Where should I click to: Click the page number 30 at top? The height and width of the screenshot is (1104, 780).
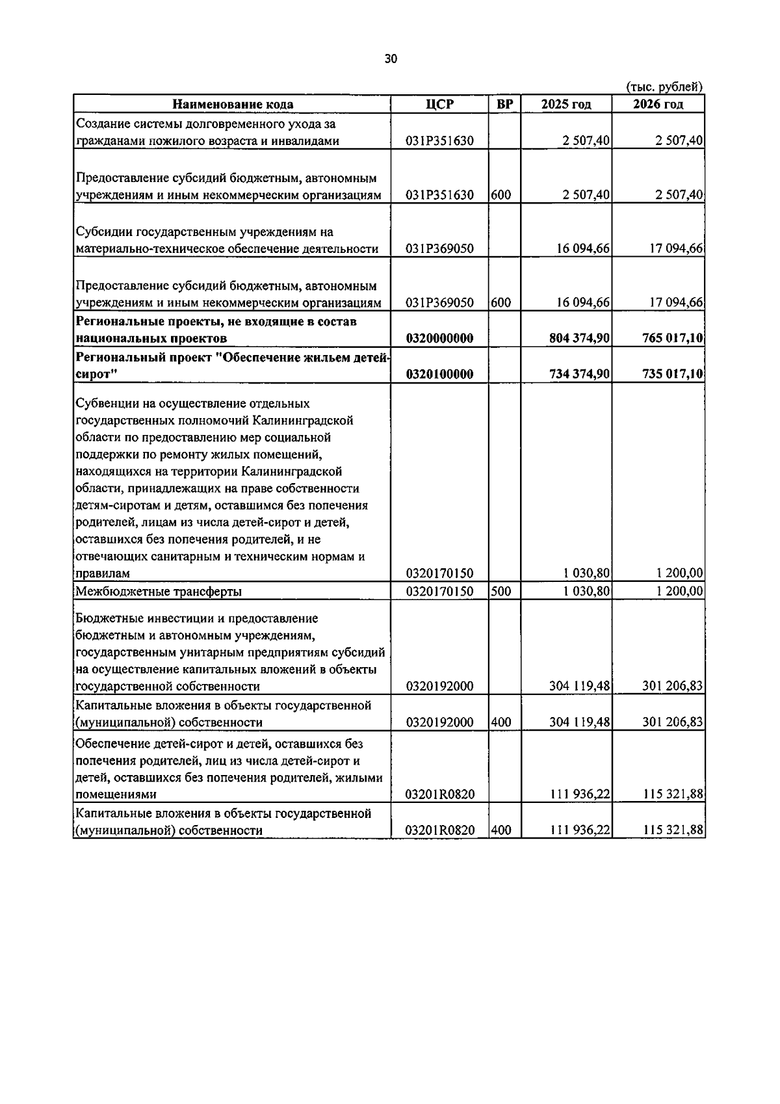pyautogui.click(x=390, y=59)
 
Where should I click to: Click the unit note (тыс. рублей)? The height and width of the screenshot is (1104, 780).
pyautogui.click(x=664, y=86)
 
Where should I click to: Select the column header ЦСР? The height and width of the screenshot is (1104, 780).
pyautogui.click(x=439, y=105)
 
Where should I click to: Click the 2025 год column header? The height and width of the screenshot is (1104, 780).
pyautogui.click(x=566, y=105)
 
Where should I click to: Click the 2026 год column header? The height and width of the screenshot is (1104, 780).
pyautogui.click(x=658, y=105)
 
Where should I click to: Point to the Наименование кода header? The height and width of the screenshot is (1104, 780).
pyautogui.click(x=232, y=105)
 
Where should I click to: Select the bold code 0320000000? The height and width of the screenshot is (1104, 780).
pyautogui.click(x=439, y=338)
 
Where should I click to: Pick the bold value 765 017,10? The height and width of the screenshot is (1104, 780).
pyautogui.click(x=672, y=338)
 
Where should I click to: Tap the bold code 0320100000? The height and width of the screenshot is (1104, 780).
pyautogui.click(x=439, y=375)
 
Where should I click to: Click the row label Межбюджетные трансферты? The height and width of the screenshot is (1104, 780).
pyautogui.click(x=159, y=592)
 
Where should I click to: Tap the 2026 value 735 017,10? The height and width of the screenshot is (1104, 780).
pyautogui.click(x=672, y=375)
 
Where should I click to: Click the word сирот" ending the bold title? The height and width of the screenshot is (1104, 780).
pyautogui.click(x=95, y=375)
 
